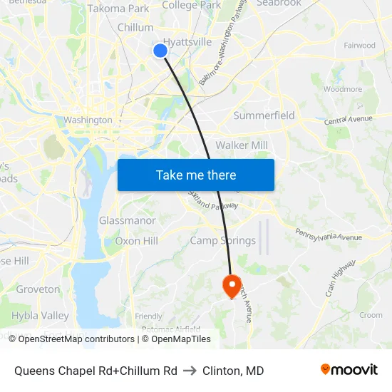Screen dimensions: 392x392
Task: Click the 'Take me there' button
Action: [196, 175]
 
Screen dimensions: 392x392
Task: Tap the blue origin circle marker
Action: [160, 50]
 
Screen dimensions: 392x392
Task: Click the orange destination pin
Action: [232, 286]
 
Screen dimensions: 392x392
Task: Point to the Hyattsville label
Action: [187, 42]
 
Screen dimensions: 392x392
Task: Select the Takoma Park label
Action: [118, 9]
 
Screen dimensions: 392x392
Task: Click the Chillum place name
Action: [135, 27]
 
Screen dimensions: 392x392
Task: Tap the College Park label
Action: [191, 5]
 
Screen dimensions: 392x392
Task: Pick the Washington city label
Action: [88, 120]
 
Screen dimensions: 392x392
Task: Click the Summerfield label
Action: [264, 115]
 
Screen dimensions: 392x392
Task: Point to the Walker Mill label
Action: [242, 145]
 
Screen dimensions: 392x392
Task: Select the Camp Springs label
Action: [222, 240]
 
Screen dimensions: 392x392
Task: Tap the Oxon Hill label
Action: [136, 241]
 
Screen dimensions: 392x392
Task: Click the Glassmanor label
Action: [127, 220]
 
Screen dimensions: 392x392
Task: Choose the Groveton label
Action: [38, 289]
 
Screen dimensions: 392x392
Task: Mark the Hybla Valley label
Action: [40, 316]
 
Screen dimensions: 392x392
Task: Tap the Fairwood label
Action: [359, 45]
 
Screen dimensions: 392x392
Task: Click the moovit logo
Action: [349, 370]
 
